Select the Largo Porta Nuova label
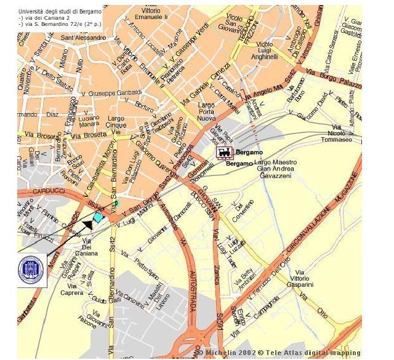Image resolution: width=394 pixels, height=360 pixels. [206, 113]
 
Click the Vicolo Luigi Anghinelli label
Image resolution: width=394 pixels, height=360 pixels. [265, 50]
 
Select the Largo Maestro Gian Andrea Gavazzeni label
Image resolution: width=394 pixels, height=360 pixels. [276, 169]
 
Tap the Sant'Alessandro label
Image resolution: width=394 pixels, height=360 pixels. [83, 38]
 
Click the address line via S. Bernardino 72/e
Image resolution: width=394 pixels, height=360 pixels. [60, 24]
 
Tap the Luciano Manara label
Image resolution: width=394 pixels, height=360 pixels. [89, 121]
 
